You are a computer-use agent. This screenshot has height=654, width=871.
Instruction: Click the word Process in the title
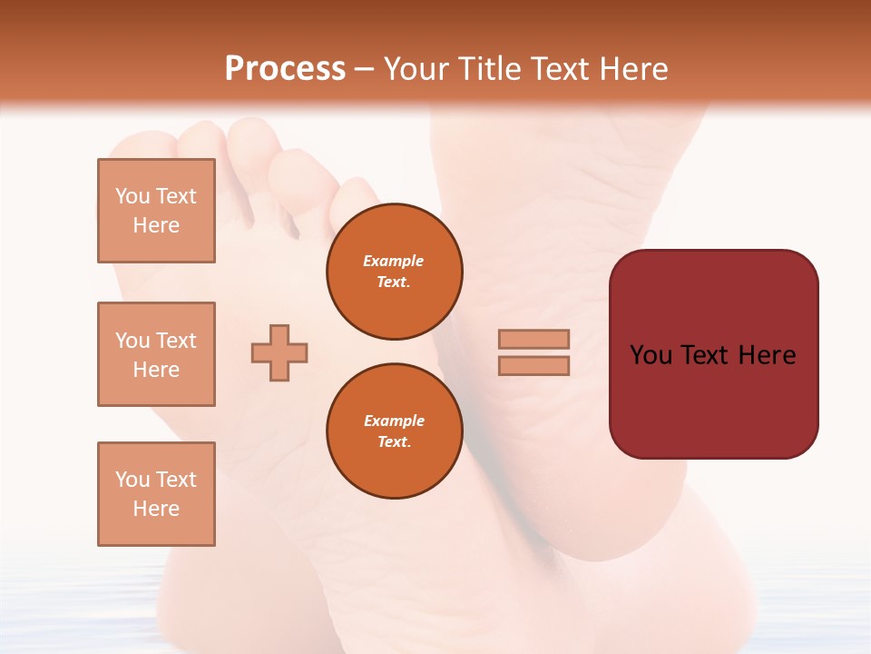(x=285, y=69)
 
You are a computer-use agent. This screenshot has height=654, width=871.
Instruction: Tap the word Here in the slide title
(x=631, y=69)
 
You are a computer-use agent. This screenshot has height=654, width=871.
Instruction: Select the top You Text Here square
(x=156, y=211)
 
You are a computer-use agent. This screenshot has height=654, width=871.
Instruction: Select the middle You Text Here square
(x=156, y=354)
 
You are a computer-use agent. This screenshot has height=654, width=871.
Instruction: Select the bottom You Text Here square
(x=156, y=494)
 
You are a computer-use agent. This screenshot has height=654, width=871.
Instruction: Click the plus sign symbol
(x=279, y=352)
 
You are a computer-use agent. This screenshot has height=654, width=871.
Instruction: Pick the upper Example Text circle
(x=394, y=272)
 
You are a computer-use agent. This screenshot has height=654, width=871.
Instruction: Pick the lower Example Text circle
(x=394, y=431)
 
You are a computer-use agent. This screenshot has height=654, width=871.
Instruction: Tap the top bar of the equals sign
(x=533, y=339)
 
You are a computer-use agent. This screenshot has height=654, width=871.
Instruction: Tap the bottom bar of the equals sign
(x=533, y=365)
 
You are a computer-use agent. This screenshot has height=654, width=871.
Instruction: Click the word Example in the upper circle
(x=394, y=261)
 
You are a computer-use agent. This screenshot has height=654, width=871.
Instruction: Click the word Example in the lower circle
(x=394, y=421)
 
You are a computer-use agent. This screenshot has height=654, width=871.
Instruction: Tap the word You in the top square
(x=132, y=196)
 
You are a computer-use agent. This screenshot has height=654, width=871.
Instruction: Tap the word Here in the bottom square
(x=156, y=509)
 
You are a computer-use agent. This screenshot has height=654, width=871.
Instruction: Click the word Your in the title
(x=415, y=69)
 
